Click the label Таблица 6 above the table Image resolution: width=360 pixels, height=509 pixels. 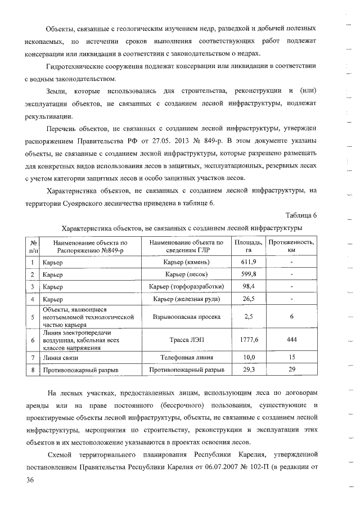[x=301, y=215]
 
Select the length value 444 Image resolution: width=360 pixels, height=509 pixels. [x=291, y=340]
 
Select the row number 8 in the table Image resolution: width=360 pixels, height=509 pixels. [x=33, y=370]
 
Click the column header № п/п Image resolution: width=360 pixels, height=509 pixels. [x=33, y=245]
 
